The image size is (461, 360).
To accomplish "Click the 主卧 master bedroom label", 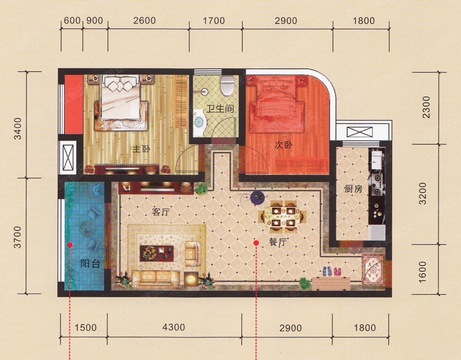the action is click(142, 149).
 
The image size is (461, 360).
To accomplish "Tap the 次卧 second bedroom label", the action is click(284, 145).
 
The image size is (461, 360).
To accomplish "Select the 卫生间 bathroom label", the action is click(219, 109).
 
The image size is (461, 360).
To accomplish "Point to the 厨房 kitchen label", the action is click(354, 189).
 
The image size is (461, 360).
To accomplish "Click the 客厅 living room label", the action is click(161, 212).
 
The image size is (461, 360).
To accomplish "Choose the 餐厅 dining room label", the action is click(278, 242).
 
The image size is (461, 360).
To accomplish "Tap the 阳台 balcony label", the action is click(90, 264).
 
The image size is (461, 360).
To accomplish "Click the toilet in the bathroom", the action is click(227, 85).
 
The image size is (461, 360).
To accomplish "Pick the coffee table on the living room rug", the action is click(157, 253).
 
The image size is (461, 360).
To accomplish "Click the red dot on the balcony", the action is click(70, 245).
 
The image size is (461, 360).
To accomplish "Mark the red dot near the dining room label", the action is click(256, 243).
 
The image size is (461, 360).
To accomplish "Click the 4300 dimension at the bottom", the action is click(174, 327).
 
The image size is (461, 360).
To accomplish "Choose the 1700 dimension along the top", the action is click(214, 21).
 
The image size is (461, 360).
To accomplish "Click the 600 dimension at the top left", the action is click(72, 20).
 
